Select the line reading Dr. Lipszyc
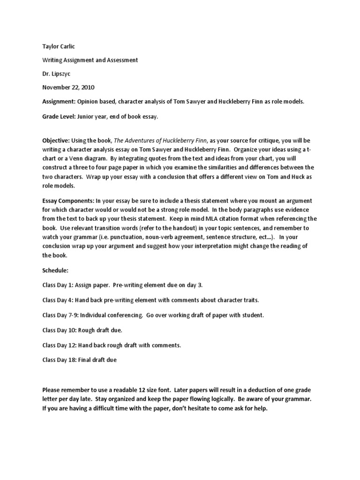coord(56,74)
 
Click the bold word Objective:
coord(56,140)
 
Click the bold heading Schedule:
coord(55,270)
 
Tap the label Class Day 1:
coord(59,285)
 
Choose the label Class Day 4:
coord(59,300)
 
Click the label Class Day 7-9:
coord(61,315)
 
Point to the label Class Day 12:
coord(60,345)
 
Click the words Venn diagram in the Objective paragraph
coord(80,158)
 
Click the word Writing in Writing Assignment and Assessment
coord(52,60)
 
